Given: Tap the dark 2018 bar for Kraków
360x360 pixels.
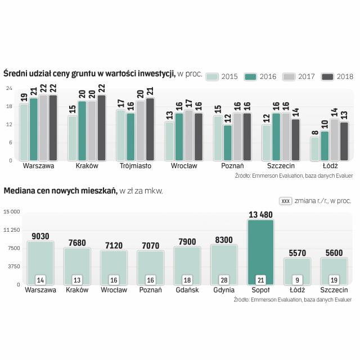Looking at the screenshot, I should [x=101, y=128].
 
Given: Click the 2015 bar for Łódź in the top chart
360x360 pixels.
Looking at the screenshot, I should [x=315, y=148].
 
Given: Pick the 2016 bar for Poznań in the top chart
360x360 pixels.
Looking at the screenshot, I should [x=228, y=142].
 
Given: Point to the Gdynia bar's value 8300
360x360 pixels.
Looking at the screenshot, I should [x=224, y=240].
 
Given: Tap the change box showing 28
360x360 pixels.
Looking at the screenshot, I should [x=224, y=280].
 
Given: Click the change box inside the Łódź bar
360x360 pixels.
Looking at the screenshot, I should [x=297, y=280].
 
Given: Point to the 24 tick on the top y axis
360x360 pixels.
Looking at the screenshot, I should [x=10, y=88].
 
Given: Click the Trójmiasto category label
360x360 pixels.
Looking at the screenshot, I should [x=136, y=166].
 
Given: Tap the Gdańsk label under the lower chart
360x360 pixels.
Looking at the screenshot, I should [x=187, y=290].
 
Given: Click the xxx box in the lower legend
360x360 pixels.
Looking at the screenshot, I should [x=285, y=200].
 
